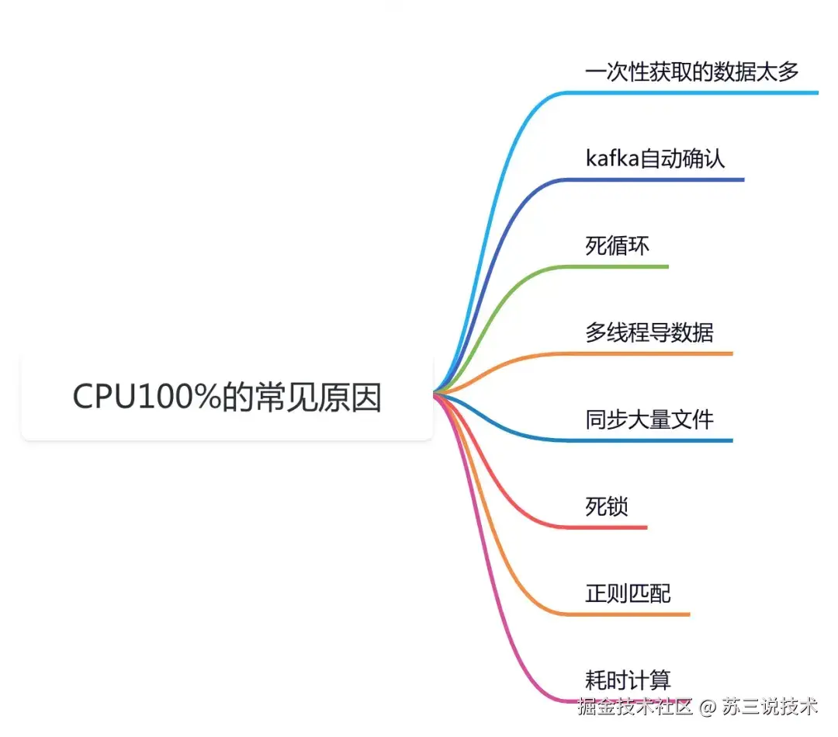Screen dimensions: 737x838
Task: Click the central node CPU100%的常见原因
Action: pos(227,398)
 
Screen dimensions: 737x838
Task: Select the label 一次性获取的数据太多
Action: pos(691,72)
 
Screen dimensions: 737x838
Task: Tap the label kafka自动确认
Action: pos(655,159)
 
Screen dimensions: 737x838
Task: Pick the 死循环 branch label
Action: pos(618,246)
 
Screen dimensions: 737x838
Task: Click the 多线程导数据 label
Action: pos(649,333)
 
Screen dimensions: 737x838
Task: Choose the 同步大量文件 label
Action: pos(649,420)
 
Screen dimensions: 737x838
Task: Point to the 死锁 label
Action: pos(607,507)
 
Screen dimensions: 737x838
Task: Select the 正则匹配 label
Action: pos(628,594)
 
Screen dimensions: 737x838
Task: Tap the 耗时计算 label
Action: pos(628,680)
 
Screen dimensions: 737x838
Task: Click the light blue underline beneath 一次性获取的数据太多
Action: pos(691,93)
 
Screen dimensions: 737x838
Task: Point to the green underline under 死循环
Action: pos(621,267)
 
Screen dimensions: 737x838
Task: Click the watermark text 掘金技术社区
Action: pos(634,707)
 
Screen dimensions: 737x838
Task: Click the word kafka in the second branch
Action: pos(611,159)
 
